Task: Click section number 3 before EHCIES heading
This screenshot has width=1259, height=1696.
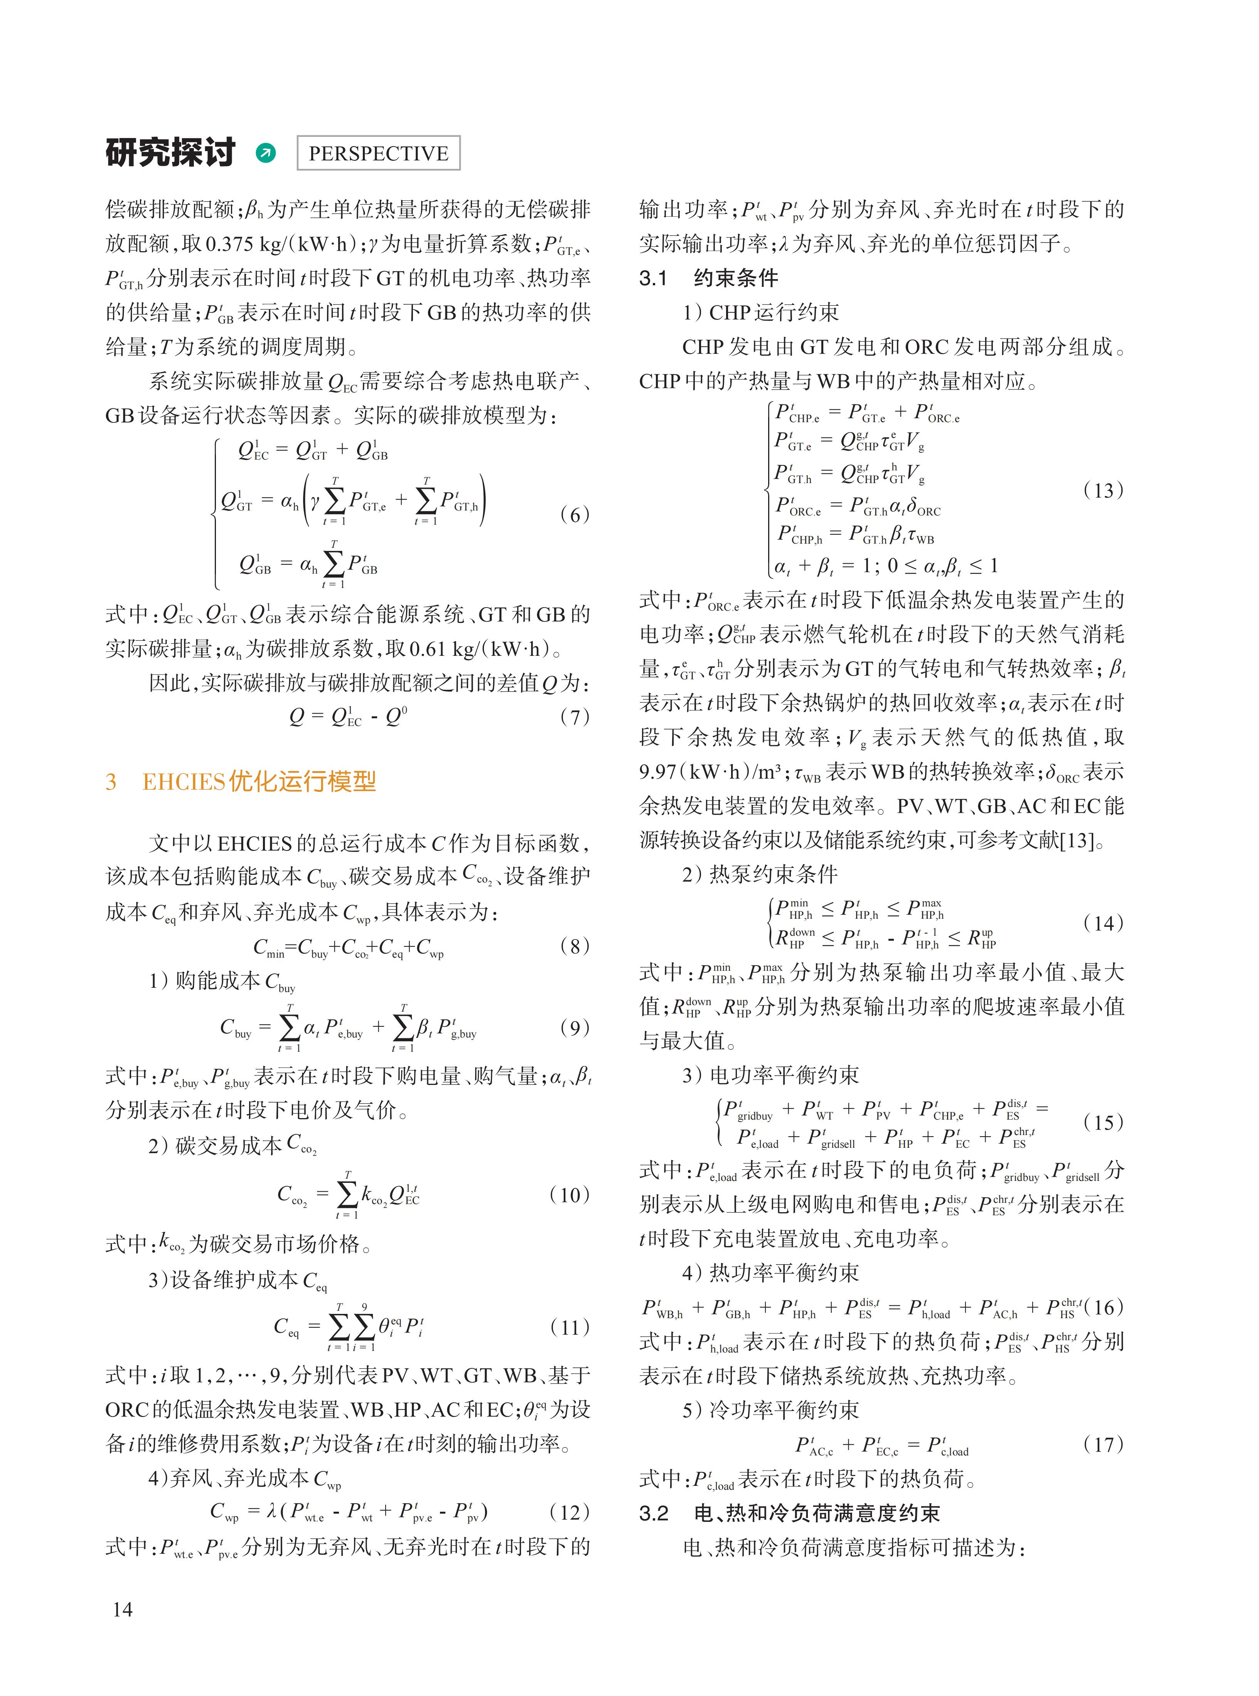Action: pos(111,782)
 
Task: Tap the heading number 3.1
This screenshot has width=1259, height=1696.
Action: pos(653,278)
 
